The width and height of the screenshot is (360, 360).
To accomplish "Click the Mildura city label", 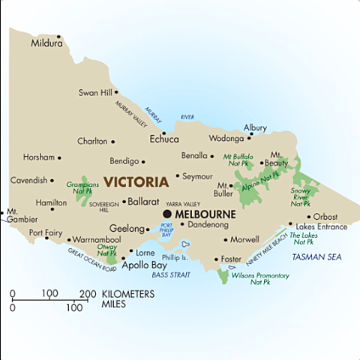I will [x=46, y=43].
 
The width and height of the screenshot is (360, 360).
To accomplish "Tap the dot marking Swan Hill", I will [x=116, y=93].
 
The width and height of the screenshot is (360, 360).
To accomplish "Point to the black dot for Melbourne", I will [x=167, y=214].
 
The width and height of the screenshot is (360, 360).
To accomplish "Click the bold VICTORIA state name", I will [x=136, y=181].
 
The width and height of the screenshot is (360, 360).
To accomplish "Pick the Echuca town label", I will [x=164, y=139].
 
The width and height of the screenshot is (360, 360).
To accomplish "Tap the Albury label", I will [x=255, y=127].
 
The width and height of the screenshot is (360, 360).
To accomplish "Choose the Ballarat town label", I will [x=144, y=202].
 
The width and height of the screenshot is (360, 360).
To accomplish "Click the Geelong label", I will [x=126, y=228].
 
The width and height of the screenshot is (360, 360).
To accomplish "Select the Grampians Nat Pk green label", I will [x=83, y=186].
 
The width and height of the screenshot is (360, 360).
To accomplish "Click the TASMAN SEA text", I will [x=316, y=257].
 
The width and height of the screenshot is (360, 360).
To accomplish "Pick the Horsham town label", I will [x=39, y=157].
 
